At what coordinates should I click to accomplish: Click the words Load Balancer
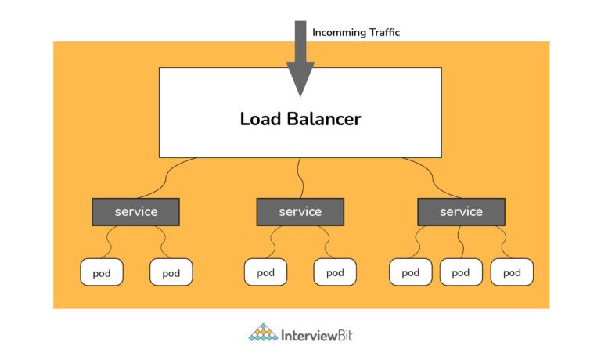[x=300, y=120]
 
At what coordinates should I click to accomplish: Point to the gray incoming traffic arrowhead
[x=300, y=78]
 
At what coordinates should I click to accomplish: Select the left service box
[x=136, y=211]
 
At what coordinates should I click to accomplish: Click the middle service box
[x=300, y=211]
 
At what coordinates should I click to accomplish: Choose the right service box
[x=461, y=211]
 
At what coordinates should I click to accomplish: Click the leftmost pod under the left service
[x=102, y=272]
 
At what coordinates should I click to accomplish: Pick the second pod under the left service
[x=171, y=272]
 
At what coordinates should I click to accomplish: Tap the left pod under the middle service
[x=265, y=272]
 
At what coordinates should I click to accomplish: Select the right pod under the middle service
[x=335, y=272]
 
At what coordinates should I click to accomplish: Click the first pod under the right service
[x=411, y=272]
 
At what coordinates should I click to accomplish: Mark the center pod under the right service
[x=461, y=272]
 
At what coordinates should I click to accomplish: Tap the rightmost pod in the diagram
[x=512, y=272]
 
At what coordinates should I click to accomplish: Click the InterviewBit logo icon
[x=263, y=333]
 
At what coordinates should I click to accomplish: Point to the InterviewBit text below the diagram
[x=317, y=334]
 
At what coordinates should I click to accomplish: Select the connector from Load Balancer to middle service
[x=301, y=178]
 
